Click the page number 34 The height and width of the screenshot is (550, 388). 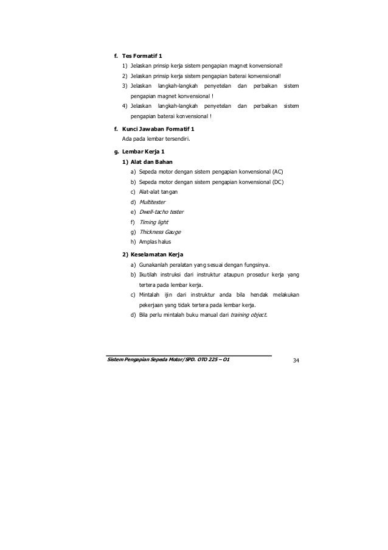[x=296, y=361]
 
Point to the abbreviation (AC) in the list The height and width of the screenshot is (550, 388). [x=277, y=172]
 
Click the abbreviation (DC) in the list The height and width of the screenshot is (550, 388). [x=277, y=182]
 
